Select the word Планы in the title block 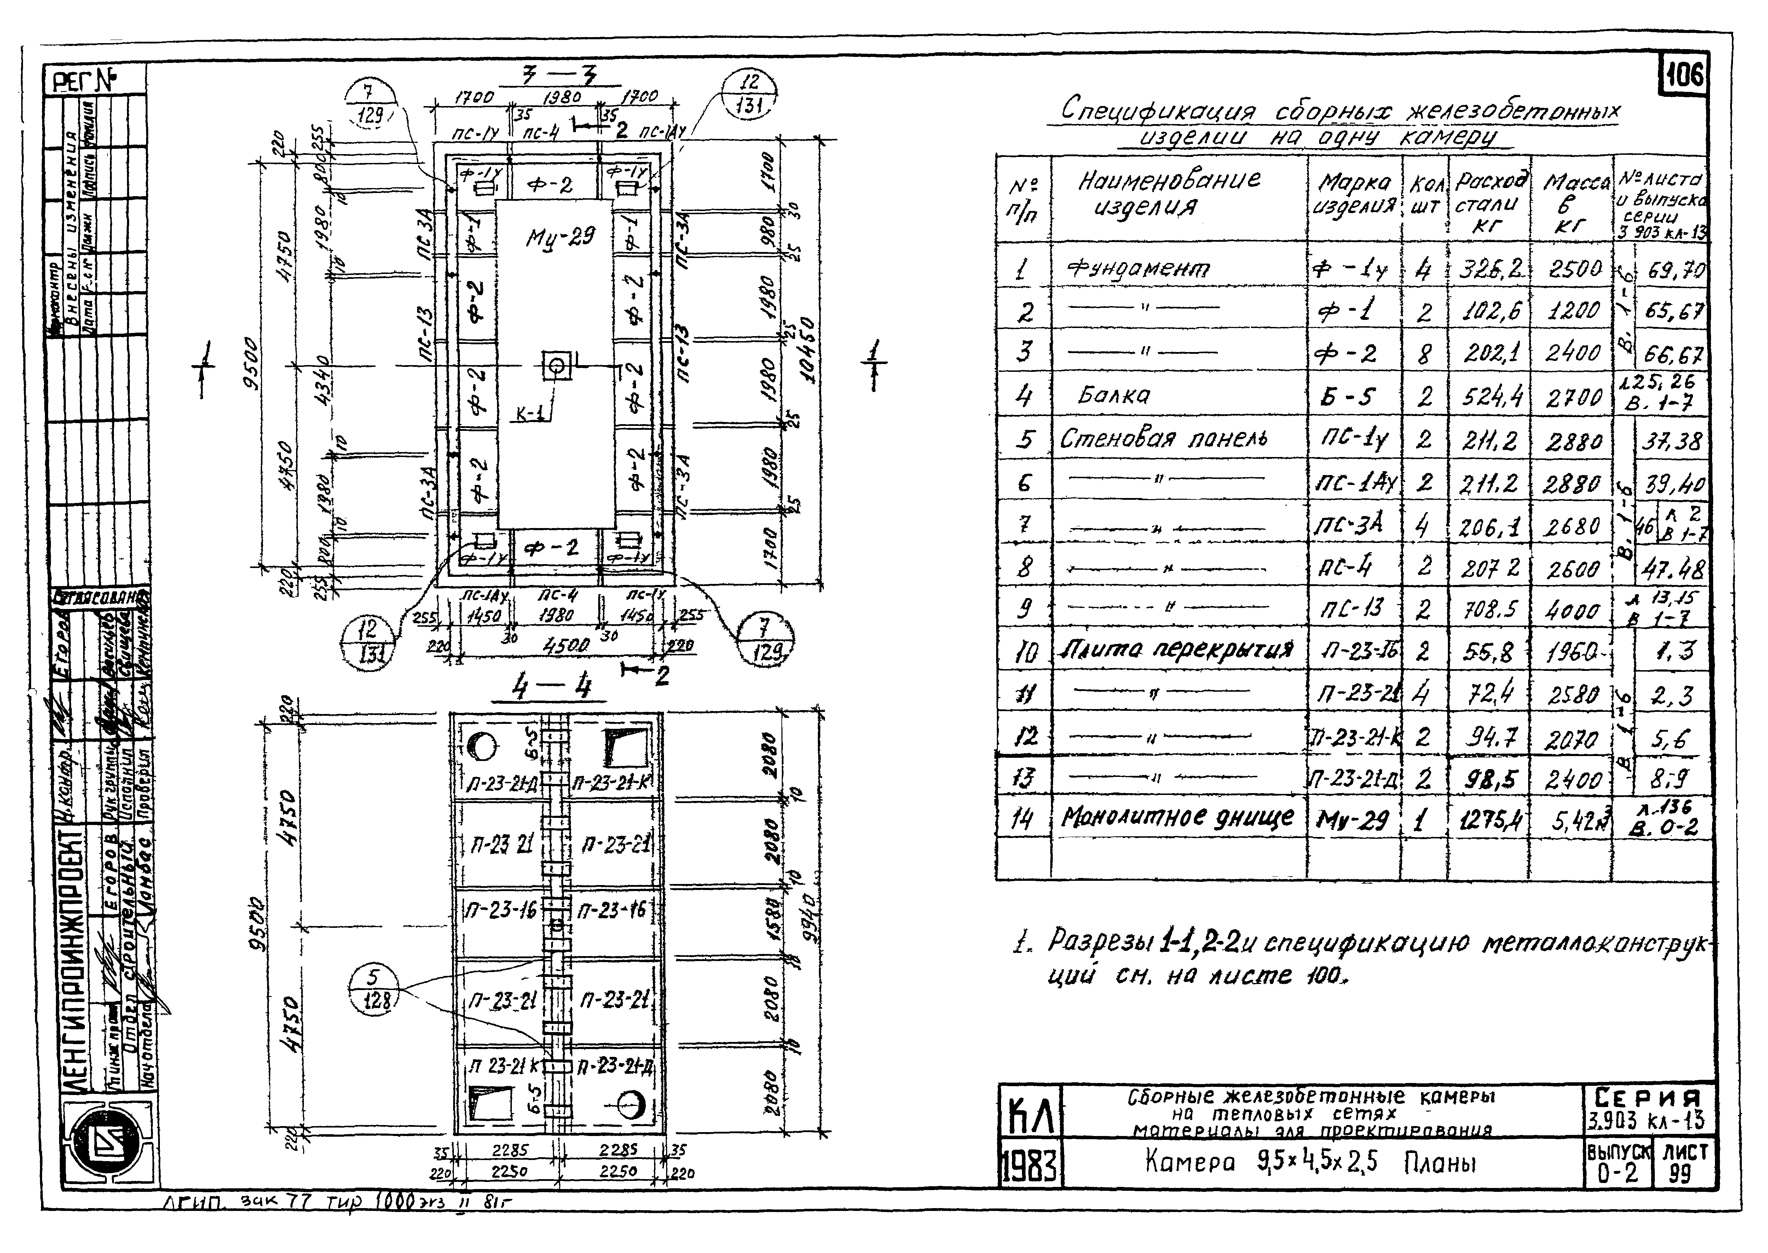coord(1438,1163)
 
